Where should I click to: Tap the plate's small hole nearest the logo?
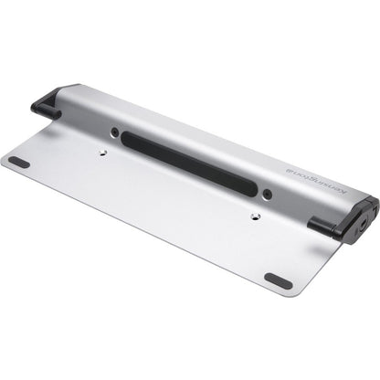(255, 216)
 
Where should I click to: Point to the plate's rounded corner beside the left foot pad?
(5, 163)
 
